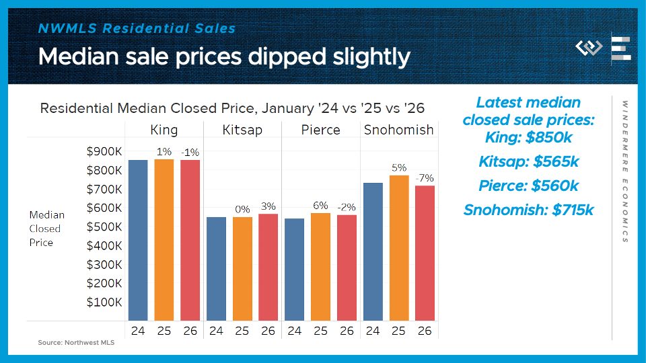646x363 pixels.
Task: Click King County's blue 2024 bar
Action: (x=138, y=240)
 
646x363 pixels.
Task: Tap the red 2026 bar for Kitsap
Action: (x=268, y=267)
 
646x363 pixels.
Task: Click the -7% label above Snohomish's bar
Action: (x=425, y=178)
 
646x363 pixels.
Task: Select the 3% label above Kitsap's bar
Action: (x=268, y=207)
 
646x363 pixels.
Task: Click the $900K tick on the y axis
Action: (x=104, y=152)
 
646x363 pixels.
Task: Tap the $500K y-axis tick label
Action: (x=104, y=227)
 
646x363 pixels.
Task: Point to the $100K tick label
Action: (x=104, y=302)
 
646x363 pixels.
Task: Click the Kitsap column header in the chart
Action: (x=242, y=130)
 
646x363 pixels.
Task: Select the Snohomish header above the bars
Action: (x=398, y=130)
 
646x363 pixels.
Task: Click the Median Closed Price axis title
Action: (x=47, y=229)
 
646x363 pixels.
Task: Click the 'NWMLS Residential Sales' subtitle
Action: (x=137, y=28)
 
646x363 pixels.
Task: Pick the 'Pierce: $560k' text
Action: (x=528, y=186)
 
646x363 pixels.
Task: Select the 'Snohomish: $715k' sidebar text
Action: (x=528, y=210)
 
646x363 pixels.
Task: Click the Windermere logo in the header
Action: (x=589, y=48)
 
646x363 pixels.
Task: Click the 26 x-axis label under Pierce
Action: (x=347, y=331)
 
